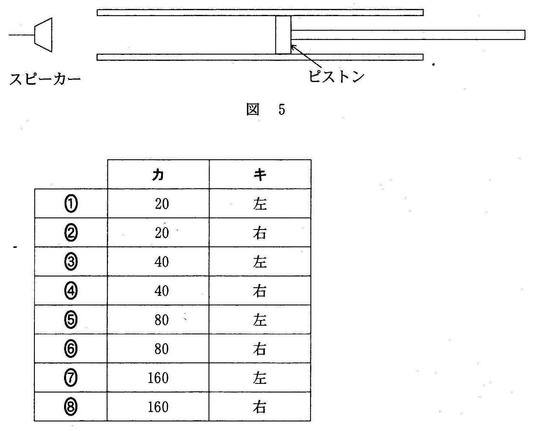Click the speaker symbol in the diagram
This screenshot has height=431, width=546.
(43, 35)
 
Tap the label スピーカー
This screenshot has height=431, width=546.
(45, 79)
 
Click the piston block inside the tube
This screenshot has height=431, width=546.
(283, 35)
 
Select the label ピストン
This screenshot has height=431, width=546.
(336, 76)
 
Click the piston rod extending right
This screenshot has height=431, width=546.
(408, 35)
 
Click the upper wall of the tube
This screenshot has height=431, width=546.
(260, 13)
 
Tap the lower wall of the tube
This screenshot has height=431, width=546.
(260, 57)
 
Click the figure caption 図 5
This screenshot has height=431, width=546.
(266, 109)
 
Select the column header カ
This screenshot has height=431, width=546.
(158, 174)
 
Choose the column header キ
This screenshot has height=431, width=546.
(260, 175)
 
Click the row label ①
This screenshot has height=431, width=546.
(71, 204)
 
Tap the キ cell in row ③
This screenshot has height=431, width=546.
(260, 262)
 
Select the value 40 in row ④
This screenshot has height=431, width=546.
(162, 291)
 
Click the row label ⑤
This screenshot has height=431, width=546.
(71, 319)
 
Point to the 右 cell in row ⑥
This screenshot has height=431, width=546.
(260, 349)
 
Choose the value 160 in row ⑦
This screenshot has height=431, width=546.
(158, 378)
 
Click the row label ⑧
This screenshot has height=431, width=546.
(71, 407)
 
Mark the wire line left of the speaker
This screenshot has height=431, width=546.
(22, 35)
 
